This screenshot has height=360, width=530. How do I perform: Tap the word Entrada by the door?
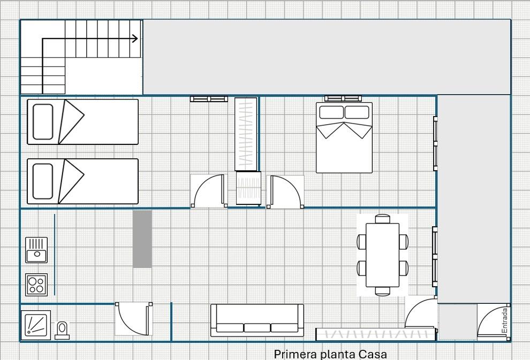(x=505, y=320)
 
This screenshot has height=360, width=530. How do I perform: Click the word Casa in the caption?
(x=373, y=354)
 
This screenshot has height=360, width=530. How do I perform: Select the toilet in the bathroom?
(x=62, y=330)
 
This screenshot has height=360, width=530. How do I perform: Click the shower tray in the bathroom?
(x=36, y=325)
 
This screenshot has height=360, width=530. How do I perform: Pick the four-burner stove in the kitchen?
(x=36, y=285)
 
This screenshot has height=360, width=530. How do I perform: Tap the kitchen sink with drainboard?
(x=36, y=250)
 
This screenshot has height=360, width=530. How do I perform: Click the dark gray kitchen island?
(x=142, y=239)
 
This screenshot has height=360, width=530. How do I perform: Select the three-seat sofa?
(x=257, y=320)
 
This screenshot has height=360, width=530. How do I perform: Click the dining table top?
(x=383, y=255)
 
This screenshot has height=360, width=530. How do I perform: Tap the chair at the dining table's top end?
(x=383, y=219)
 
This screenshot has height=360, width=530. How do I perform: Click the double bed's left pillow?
(x=331, y=112)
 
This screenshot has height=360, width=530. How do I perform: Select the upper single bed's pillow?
(x=43, y=122)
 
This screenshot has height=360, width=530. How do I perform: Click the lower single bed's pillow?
(x=43, y=181)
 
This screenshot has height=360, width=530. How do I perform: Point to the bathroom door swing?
(x=133, y=319)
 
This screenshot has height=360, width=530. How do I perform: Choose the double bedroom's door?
(x=285, y=192)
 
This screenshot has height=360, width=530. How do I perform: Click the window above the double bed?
(x=343, y=98)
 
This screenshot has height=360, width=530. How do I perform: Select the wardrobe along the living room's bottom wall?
(x=375, y=334)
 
